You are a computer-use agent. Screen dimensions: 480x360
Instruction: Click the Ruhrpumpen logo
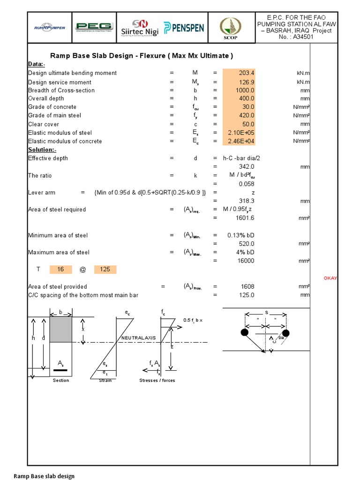click(49, 27)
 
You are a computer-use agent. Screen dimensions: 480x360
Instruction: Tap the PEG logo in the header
click(94, 27)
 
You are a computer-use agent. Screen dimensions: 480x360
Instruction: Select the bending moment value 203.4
click(239, 73)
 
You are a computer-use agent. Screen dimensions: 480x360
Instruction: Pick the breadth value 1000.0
click(239, 90)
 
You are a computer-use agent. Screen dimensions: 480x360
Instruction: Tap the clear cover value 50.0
click(239, 124)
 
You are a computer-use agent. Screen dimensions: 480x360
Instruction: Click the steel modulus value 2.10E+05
click(239, 133)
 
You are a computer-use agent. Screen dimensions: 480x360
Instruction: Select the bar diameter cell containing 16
click(60, 270)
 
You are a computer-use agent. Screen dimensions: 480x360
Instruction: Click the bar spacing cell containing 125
click(105, 270)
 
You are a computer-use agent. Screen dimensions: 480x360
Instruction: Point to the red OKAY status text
click(330, 278)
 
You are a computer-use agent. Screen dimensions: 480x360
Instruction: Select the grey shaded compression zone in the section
click(60, 330)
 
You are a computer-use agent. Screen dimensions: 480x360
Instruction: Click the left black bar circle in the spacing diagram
click(244, 333)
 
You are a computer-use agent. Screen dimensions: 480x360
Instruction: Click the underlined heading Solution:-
click(42, 150)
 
